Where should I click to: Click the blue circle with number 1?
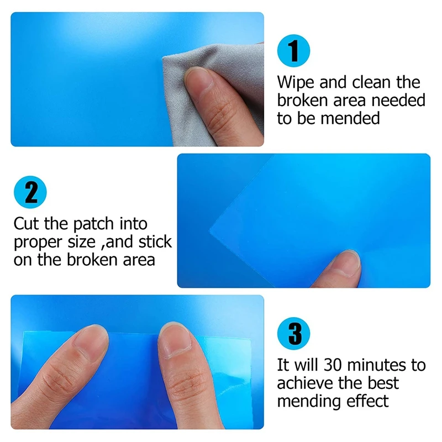(x=293, y=51)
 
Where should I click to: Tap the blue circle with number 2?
(x=30, y=192)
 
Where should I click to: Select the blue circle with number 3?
(x=293, y=334)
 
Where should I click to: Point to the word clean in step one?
(x=371, y=82)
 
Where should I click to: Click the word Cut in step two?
(x=26, y=224)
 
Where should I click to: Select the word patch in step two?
(x=93, y=224)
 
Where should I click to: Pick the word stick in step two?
(x=155, y=241)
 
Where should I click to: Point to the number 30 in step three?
(x=334, y=365)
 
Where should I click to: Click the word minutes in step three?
(x=377, y=365)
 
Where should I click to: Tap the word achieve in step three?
(x=306, y=383)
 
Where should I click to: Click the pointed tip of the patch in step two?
(x=210, y=231)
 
